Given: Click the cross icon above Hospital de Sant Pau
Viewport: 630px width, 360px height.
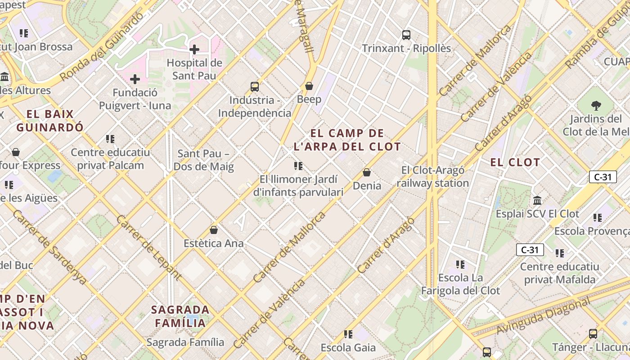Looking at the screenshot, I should point(194,49).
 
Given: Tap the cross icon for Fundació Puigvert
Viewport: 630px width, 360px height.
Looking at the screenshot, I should point(135,79).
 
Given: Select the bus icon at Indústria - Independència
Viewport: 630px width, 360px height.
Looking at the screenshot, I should point(255,86).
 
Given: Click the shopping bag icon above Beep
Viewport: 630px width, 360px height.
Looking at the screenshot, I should point(309,85).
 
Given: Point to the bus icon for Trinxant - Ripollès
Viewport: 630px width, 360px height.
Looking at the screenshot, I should point(406,35).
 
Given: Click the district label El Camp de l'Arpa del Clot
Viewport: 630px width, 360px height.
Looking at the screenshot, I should point(347,140).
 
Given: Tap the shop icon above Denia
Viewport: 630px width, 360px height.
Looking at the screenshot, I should point(367,172).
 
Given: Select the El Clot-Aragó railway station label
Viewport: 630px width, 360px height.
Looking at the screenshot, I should point(432,176).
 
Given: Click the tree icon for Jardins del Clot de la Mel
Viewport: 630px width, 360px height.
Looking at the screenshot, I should point(596,106).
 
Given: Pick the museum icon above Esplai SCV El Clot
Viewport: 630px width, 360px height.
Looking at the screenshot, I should point(537,200).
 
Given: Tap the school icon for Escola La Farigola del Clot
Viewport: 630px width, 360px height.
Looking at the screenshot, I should point(460,264).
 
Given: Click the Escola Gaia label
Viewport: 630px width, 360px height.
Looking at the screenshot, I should point(348,347).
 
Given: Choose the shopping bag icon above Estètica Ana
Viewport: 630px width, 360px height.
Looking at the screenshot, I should point(214,230).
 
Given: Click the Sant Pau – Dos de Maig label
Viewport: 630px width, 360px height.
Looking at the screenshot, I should point(203,160).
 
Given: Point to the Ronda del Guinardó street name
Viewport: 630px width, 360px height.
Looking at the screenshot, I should point(102,46).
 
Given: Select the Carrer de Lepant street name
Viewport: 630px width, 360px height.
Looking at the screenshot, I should point(149,247).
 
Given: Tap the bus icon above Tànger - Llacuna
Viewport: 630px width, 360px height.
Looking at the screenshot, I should point(593,333).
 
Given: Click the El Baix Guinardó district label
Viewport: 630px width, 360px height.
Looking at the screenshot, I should point(50,120).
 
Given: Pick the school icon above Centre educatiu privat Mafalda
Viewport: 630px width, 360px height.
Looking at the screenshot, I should point(559,253).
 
